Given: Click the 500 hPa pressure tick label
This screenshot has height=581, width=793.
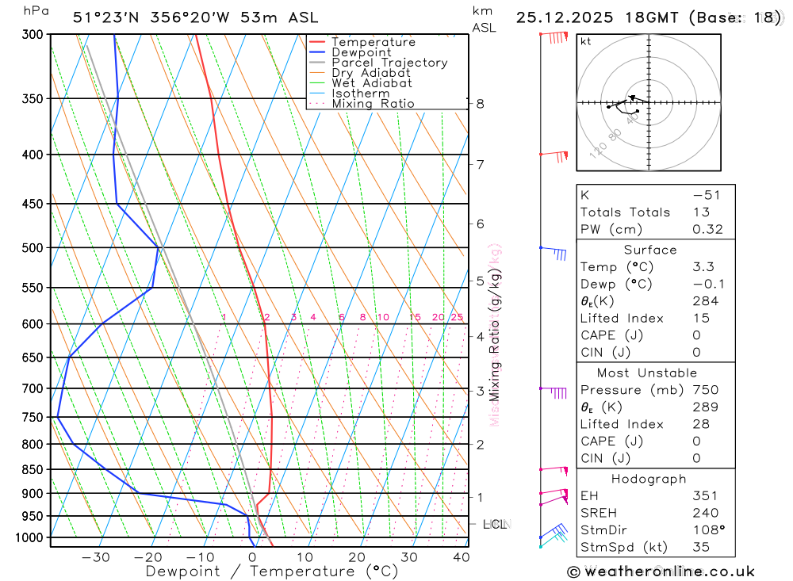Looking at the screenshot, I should [33, 248].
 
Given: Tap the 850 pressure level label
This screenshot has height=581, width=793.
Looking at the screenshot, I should [33, 470].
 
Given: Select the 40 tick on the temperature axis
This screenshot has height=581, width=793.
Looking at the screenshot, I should [460, 557].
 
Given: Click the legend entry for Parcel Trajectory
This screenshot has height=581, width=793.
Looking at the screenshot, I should [389, 63].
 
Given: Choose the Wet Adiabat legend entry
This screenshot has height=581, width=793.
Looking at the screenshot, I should [372, 83].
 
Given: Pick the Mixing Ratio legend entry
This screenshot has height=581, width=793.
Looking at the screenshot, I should [373, 104].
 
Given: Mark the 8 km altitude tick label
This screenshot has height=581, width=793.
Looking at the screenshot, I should [480, 104].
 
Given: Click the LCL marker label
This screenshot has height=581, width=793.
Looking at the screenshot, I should [495, 525].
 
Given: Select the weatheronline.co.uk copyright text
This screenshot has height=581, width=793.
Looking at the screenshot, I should [661, 571].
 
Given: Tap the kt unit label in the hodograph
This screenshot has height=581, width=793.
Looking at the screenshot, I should [586, 42].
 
